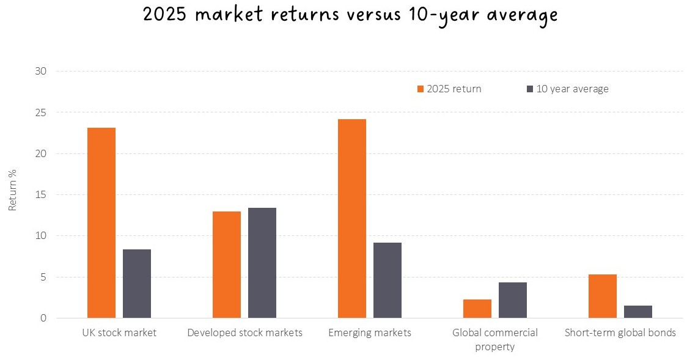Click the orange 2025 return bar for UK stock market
click(101, 222)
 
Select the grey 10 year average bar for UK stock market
click(137, 284)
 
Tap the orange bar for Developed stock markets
click(227, 265)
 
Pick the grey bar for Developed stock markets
click(262, 263)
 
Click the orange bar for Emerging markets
click(352, 218)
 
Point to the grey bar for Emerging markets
click(388, 281)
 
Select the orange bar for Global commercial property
click(477, 309)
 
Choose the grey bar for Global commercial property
click(513, 300)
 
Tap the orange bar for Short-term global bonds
click(603, 296)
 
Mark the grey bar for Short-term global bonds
click(638, 312)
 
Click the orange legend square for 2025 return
click(421, 89)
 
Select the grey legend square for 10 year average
click(530, 89)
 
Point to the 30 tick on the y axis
click(40, 71)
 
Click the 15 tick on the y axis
click(40, 194)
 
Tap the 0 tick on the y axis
click(43, 318)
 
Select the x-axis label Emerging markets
click(370, 333)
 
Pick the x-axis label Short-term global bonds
click(620, 333)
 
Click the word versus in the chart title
click(373, 14)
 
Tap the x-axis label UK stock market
click(119, 333)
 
